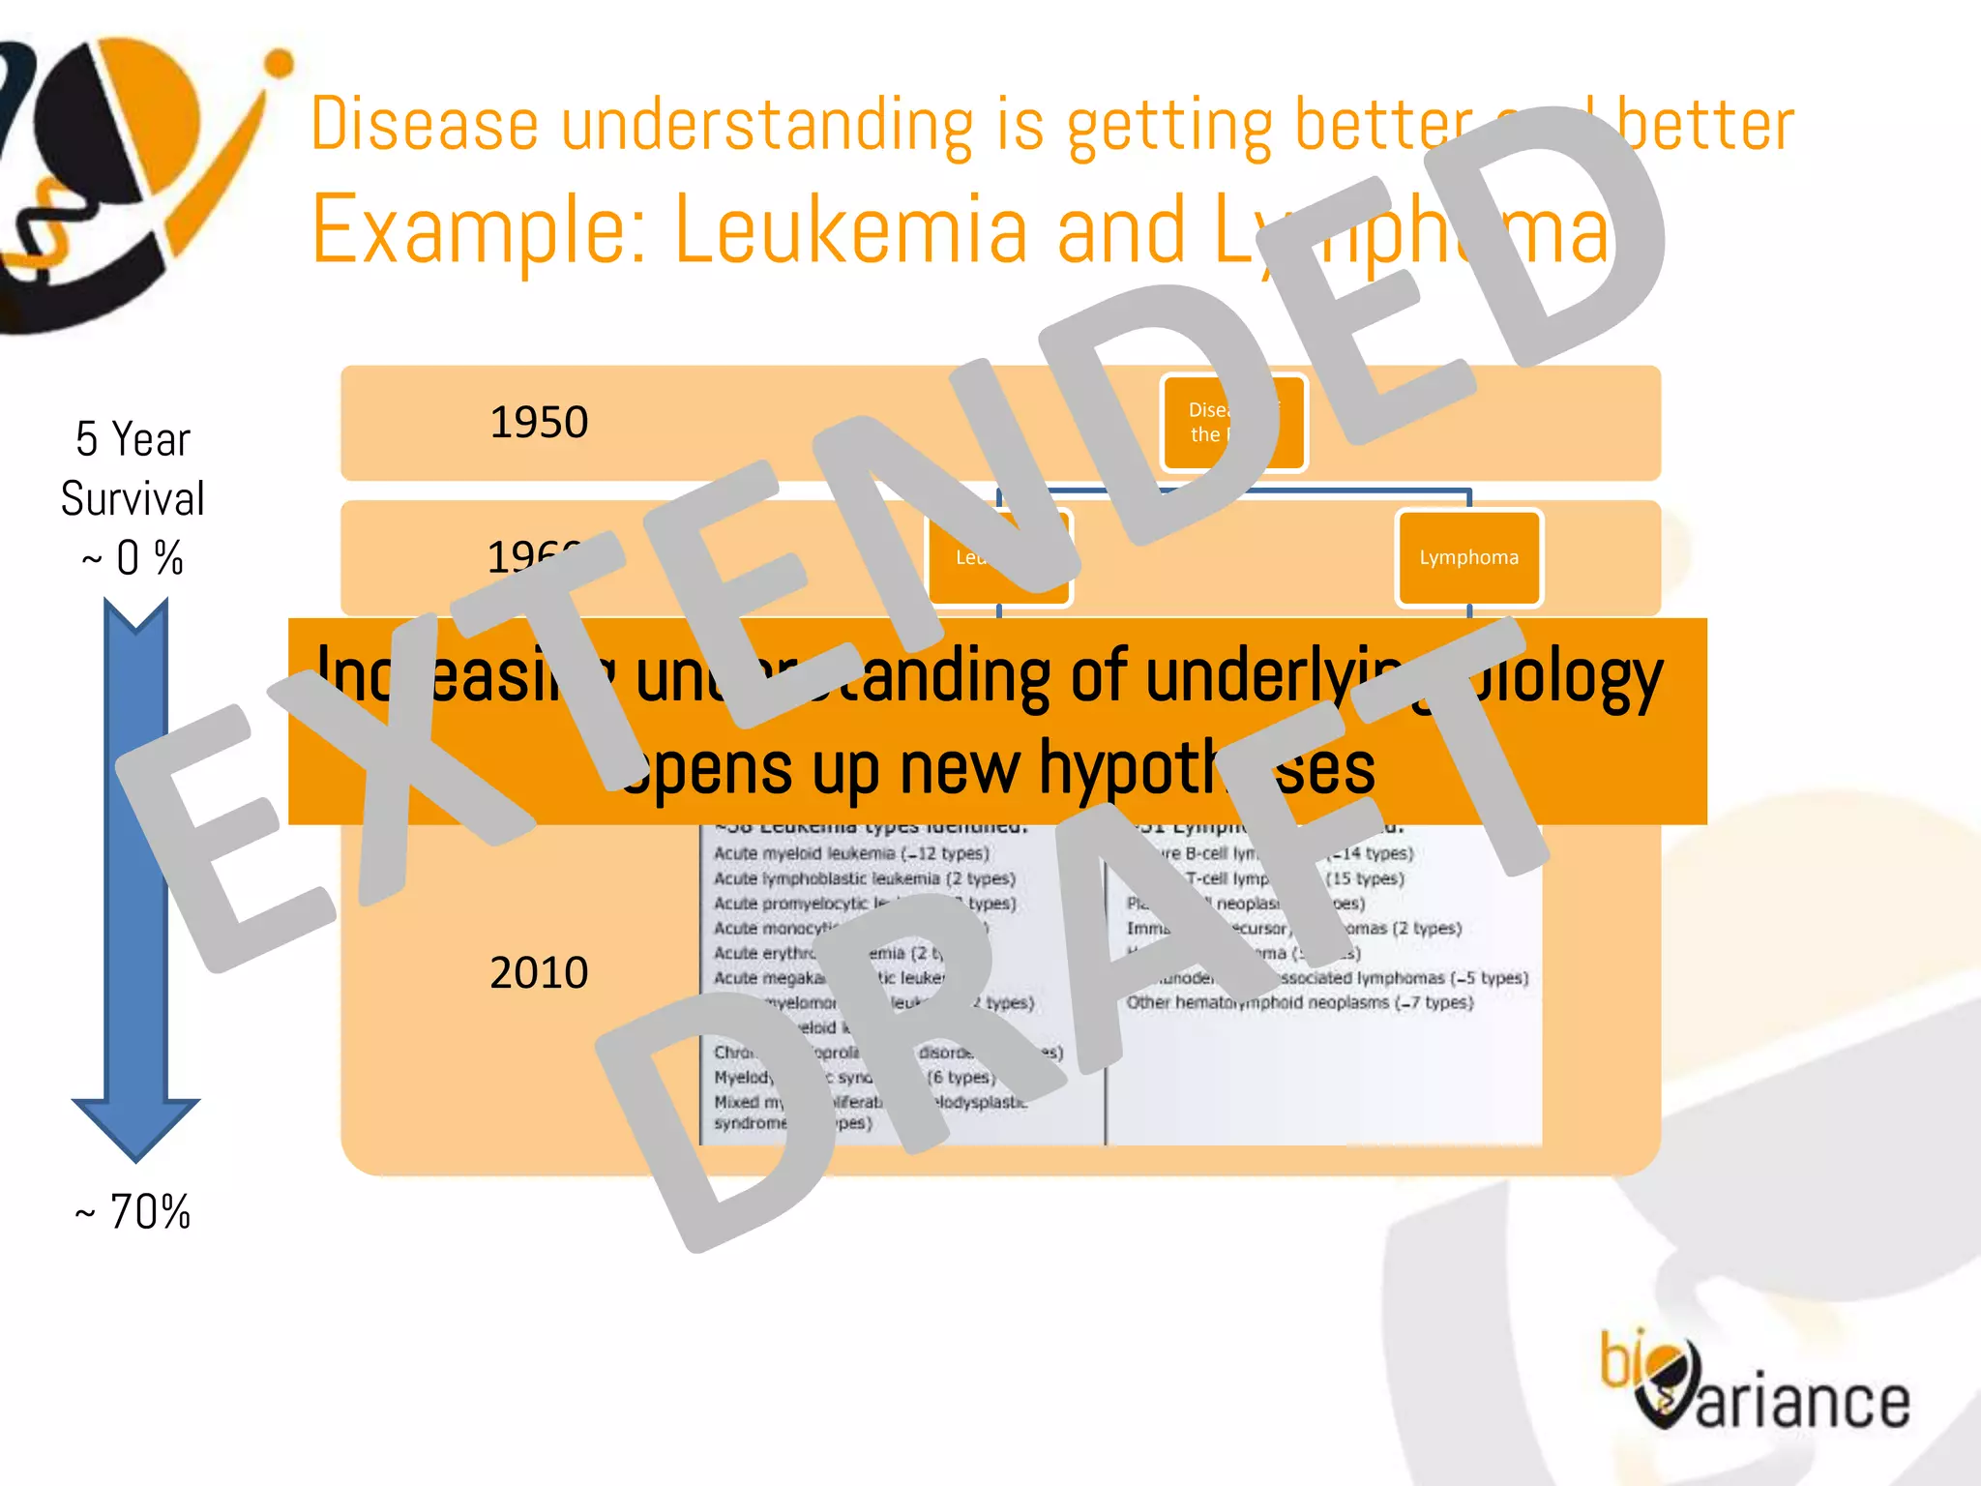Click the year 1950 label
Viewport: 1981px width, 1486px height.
pos(539,423)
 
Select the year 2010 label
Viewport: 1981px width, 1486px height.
pos(539,972)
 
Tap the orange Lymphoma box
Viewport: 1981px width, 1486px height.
pos(1468,558)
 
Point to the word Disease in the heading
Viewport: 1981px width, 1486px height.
pos(424,125)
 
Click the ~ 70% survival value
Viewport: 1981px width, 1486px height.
pos(133,1211)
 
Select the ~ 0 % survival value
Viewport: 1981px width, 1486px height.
pos(133,558)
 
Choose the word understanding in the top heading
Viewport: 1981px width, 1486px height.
pos(767,125)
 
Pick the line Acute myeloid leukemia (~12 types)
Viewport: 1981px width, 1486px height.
pos(851,853)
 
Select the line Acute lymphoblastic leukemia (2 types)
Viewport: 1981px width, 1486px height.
pos(864,878)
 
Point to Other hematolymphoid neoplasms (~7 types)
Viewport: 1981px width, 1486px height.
pos(1299,1002)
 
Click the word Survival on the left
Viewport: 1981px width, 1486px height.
pos(133,499)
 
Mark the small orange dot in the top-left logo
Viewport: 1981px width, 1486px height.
pos(279,64)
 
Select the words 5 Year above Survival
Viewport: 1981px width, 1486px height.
pos(133,440)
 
